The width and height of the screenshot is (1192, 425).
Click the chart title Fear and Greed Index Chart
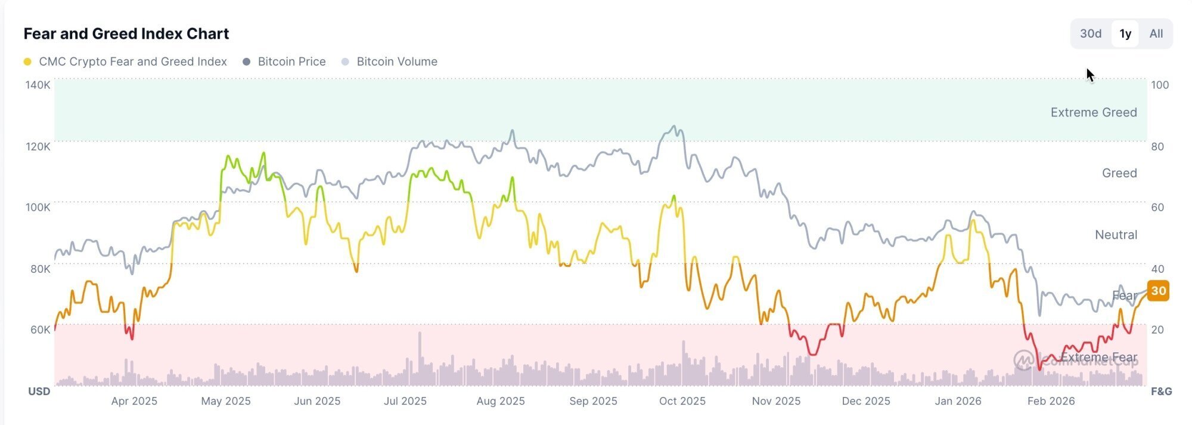pyautogui.click(x=126, y=33)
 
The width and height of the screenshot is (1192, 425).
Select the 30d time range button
pyautogui.click(x=1091, y=33)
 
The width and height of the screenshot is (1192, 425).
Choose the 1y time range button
pyautogui.click(x=1125, y=33)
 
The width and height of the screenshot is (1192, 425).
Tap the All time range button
pyautogui.click(x=1156, y=33)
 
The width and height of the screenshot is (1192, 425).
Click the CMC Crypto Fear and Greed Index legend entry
pyautogui.click(x=132, y=61)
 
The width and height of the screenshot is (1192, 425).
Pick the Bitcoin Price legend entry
pyautogui.click(x=291, y=61)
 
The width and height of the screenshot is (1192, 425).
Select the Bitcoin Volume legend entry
pyautogui.click(x=396, y=61)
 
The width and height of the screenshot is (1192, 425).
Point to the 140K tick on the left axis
pyautogui.click(x=38, y=85)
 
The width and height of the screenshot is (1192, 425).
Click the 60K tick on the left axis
pyautogui.click(x=40, y=329)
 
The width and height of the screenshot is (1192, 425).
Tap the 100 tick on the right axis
pyautogui.click(x=1160, y=85)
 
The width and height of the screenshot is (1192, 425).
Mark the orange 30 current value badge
pyautogui.click(x=1158, y=291)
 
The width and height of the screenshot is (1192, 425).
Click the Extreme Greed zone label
pyautogui.click(x=1094, y=112)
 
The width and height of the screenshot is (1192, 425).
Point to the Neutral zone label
pyautogui.click(x=1116, y=235)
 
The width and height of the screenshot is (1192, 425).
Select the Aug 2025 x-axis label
pyautogui.click(x=501, y=401)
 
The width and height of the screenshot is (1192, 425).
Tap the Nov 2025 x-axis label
pyautogui.click(x=776, y=401)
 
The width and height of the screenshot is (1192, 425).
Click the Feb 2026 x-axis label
pyautogui.click(x=1051, y=401)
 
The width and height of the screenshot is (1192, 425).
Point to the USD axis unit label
pyautogui.click(x=39, y=392)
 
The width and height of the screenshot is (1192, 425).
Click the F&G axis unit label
pyautogui.click(x=1161, y=392)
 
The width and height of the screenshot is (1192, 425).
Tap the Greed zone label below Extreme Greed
pyautogui.click(x=1119, y=173)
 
